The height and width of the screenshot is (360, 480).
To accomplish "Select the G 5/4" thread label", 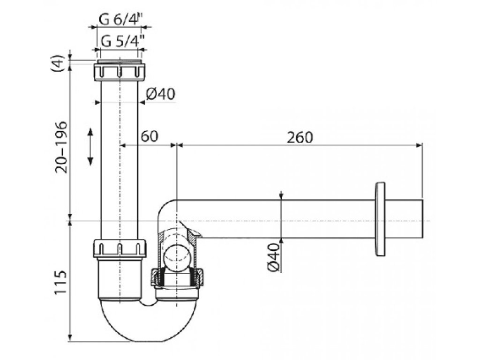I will (121, 41).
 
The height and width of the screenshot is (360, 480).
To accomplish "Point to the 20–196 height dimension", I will (61, 147).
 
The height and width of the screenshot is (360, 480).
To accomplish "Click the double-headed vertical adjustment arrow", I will (90, 146).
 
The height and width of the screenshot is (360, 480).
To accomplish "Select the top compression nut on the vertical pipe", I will (120, 72).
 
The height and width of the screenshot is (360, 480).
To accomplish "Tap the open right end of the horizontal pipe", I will (421, 219).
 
